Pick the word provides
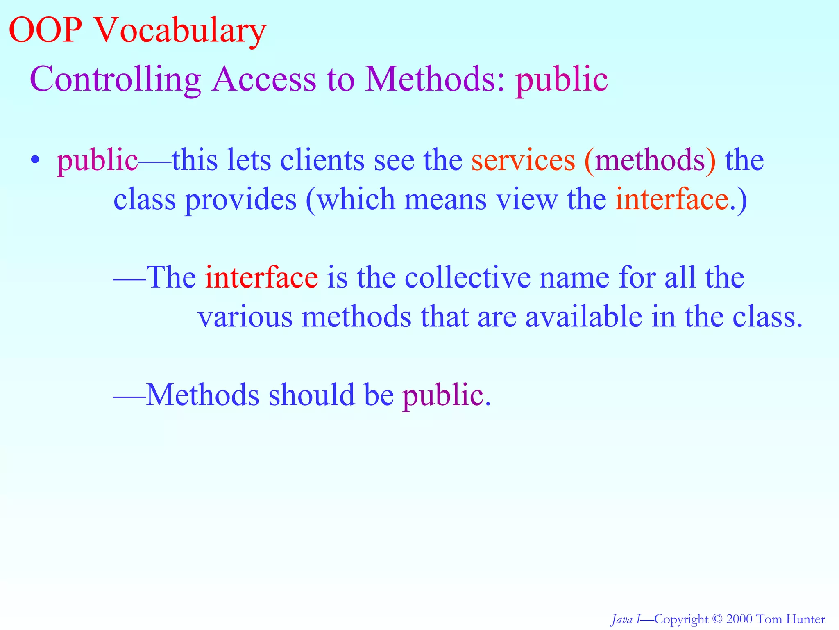click(240, 199)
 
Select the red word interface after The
click(261, 277)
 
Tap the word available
click(584, 317)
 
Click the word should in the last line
click(311, 395)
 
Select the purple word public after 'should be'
click(442, 395)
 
